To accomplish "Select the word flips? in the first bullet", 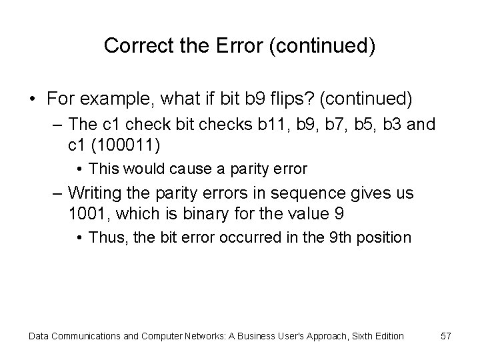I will tap(294, 100).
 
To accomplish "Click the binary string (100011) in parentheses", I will tap(126, 143).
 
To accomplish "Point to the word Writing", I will tap(92, 194).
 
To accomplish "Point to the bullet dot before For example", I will tap(33, 100).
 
